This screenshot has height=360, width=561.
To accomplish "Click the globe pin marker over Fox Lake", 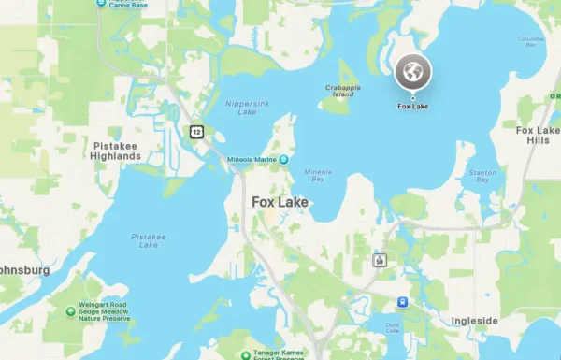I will (412, 72).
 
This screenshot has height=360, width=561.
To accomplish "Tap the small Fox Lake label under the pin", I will (412, 106).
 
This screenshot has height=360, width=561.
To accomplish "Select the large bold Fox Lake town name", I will (280, 201).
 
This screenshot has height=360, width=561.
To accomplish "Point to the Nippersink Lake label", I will (240, 108).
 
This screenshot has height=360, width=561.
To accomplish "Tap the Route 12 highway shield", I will (196, 132).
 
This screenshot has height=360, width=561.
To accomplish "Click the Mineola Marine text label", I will (252, 160).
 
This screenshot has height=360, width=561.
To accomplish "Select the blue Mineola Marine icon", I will (282, 160).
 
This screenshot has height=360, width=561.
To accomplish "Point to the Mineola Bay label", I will (318, 176).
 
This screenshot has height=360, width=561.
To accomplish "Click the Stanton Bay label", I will (482, 176).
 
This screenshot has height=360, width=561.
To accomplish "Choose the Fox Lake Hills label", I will (538, 135).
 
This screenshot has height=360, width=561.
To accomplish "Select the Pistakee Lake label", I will (149, 240).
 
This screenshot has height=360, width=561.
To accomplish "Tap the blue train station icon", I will (402, 302).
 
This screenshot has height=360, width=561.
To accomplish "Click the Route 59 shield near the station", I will (379, 260).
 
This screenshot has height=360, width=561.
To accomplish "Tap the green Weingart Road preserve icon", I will (71, 311).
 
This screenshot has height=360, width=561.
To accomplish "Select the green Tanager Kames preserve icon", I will (244, 353).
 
